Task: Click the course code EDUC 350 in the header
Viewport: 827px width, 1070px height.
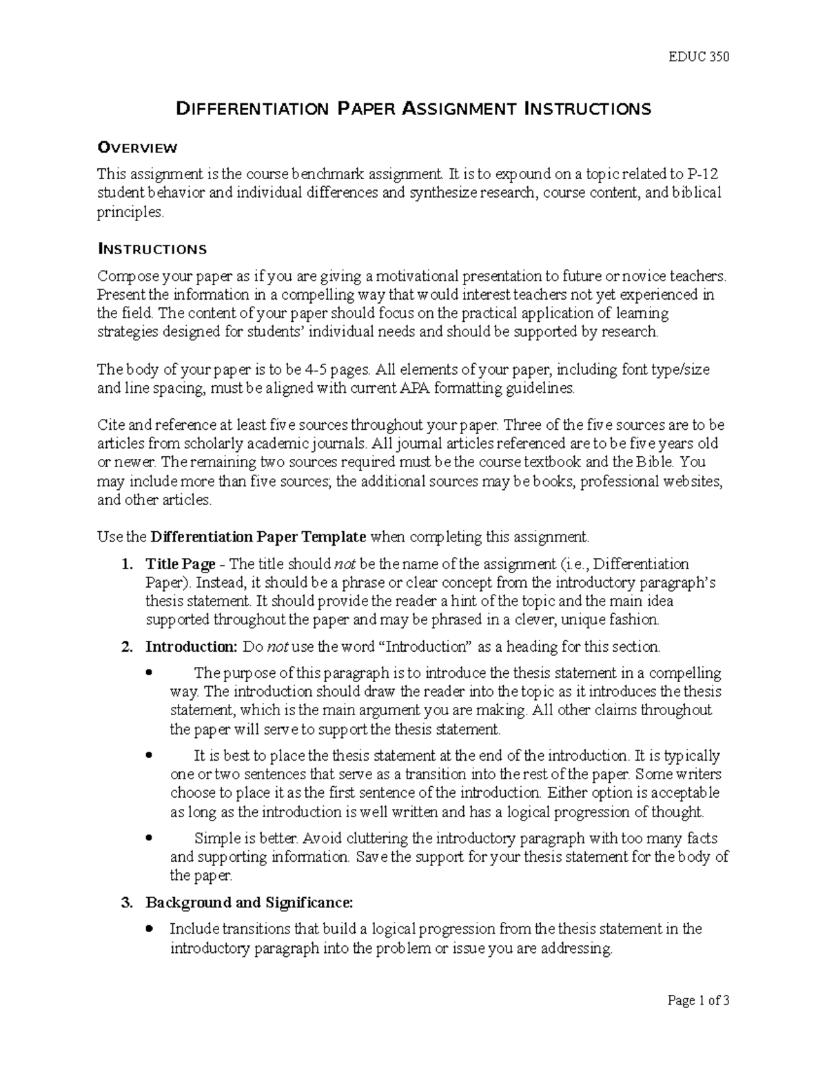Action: click(699, 56)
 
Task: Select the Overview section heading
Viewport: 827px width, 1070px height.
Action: click(138, 147)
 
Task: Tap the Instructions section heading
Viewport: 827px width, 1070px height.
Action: click(152, 249)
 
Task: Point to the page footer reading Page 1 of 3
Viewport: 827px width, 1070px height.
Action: click(698, 1020)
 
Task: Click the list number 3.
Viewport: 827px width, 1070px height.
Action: click(125, 903)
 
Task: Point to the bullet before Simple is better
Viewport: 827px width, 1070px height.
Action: click(150, 839)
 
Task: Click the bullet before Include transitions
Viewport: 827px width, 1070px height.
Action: click(150, 929)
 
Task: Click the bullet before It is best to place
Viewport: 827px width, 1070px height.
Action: click(150, 756)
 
